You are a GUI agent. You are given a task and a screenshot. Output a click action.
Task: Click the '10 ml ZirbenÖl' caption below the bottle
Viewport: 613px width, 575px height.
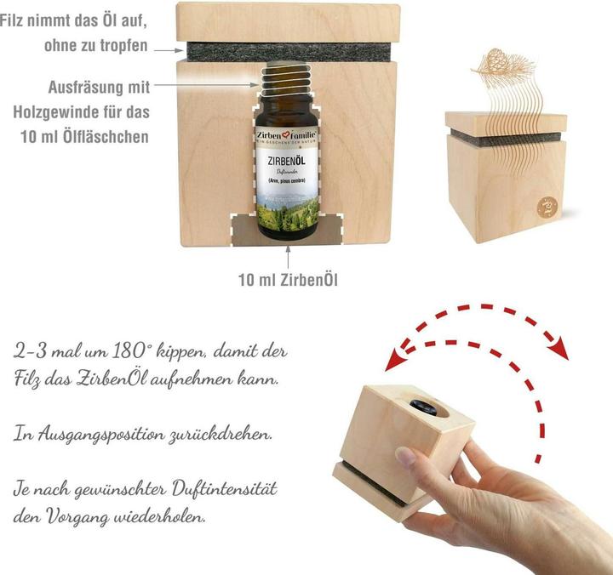coord(287,279)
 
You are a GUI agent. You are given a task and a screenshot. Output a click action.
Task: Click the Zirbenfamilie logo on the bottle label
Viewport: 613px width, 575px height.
coord(286,136)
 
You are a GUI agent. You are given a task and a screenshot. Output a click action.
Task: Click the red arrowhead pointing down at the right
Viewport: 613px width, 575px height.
coord(557,350)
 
